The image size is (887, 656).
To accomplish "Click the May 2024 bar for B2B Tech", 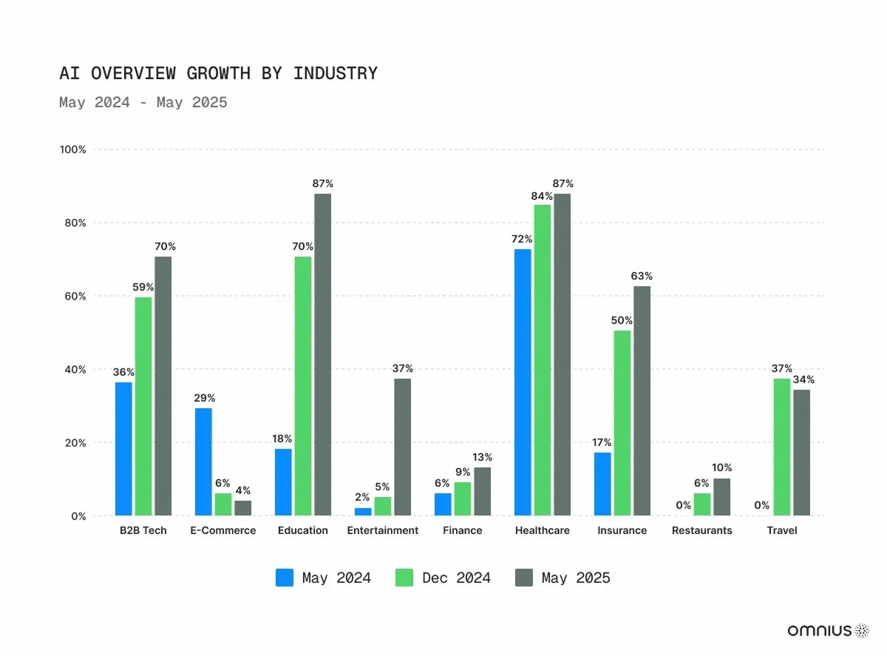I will [x=123, y=449].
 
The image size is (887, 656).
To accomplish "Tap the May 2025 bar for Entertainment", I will [x=402, y=447].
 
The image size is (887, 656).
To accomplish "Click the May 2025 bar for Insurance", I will [x=642, y=401].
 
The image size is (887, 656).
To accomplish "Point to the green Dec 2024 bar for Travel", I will [x=782, y=447].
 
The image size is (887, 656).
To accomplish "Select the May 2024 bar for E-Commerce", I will [x=203, y=461].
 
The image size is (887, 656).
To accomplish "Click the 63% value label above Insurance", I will [x=642, y=276].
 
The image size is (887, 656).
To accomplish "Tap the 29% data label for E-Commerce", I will [x=204, y=398].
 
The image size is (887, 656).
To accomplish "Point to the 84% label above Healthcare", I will [x=542, y=196].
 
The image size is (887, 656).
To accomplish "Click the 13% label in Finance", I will [x=482, y=457].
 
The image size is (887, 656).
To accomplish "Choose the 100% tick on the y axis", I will [x=72, y=149].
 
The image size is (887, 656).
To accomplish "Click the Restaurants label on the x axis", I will [x=701, y=530].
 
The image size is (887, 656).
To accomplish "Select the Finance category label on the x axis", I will [x=462, y=530].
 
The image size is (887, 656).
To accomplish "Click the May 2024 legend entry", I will [x=324, y=578].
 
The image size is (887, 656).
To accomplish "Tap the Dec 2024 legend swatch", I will [x=405, y=578].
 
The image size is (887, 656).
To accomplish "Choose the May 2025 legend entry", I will [x=563, y=578].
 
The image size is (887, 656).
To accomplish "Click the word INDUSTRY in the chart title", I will [x=335, y=74].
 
